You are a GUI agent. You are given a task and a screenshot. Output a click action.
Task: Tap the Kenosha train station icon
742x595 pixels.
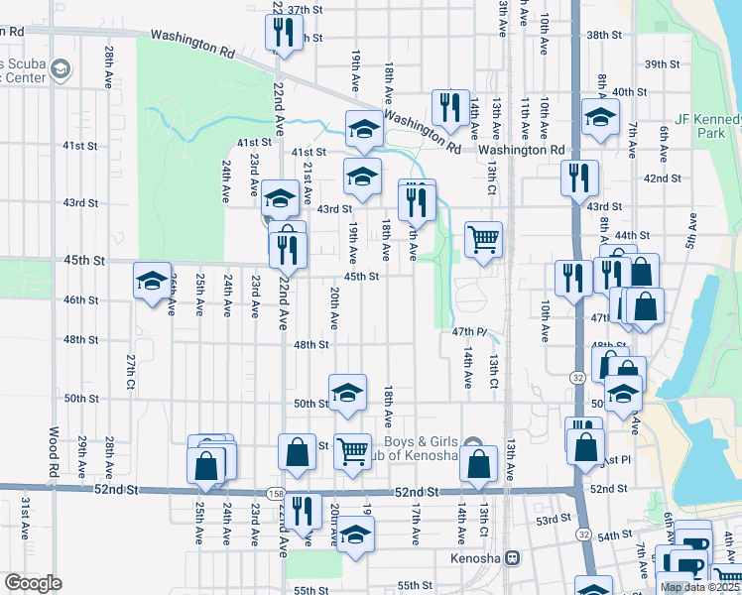513,558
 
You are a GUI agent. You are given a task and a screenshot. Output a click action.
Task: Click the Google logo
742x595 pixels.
33,582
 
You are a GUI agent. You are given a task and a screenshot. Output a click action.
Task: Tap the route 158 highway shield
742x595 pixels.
272,493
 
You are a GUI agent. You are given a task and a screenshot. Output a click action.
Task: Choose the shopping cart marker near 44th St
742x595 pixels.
483,239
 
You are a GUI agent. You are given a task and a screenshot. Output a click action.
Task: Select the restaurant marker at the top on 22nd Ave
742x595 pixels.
283,35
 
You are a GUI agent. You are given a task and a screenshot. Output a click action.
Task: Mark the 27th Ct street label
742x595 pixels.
130,370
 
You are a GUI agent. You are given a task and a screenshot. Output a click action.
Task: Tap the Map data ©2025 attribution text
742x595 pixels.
700,587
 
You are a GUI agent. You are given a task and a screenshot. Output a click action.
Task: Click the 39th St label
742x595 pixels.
661,64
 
